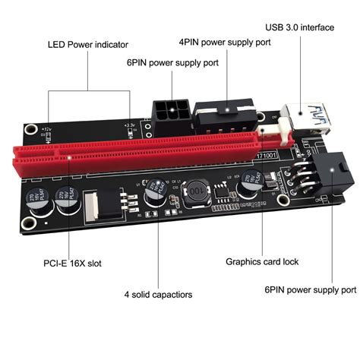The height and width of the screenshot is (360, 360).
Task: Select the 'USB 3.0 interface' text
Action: (x=299, y=28)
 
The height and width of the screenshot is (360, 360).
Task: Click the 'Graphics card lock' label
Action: (x=262, y=261)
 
